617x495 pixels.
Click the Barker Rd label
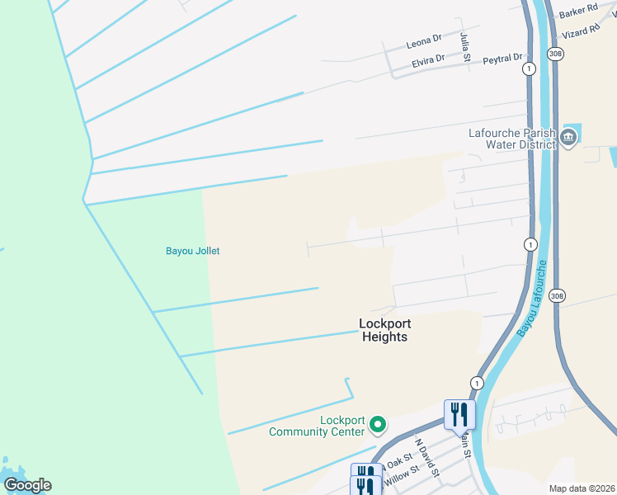(578, 11)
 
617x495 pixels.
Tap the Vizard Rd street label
(581, 32)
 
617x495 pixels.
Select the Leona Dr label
(425, 40)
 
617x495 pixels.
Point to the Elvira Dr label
(428, 61)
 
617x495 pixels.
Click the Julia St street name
(465, 46)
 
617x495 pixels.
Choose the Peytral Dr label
(502, 59)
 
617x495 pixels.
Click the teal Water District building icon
(568, 137)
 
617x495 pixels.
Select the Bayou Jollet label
(193, 251)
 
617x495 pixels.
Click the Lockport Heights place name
(384, 330)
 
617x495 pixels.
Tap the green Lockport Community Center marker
(378, 425)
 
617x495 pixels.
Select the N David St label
(426, 458)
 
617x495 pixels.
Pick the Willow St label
(402, 474)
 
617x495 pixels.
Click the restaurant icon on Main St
(459, 412)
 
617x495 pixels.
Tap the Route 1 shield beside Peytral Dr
(528, 68)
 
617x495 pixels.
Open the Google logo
(27, 485)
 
